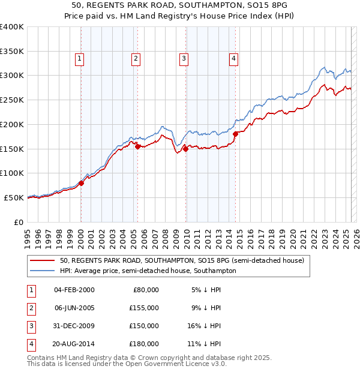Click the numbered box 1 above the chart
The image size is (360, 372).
pos(80,59)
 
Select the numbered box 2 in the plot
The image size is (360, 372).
pos(136,59)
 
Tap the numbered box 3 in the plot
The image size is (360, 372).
pos(183,59)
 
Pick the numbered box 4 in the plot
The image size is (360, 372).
pos(233,59)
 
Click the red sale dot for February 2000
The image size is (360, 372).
pos(81,184)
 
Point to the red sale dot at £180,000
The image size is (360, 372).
pos(236,134)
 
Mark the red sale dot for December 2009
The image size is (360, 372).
pos(186,149)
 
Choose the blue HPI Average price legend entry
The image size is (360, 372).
pos(148,271)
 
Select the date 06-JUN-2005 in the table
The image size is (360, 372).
pos(74,308)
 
